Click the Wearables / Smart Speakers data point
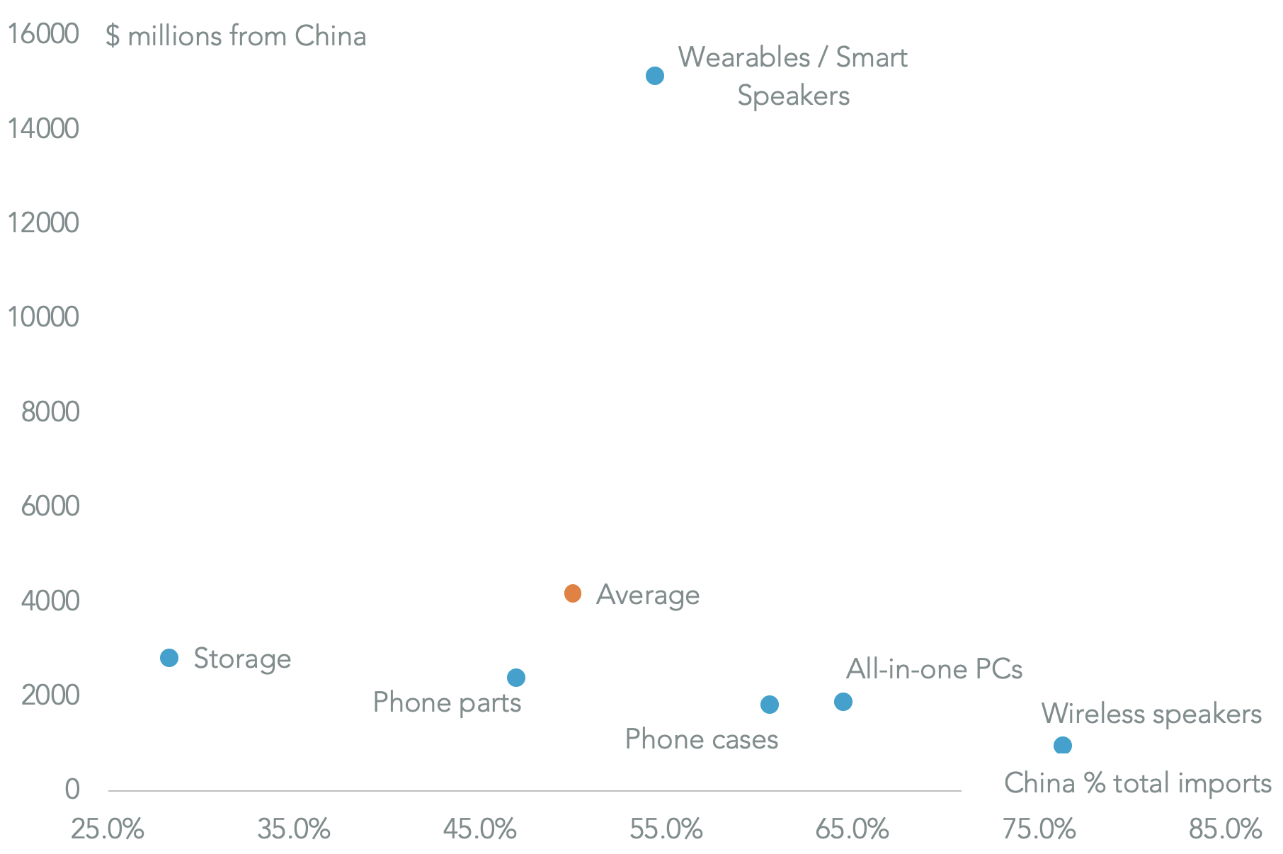tap(655, 76)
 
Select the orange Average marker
tap(573, 593)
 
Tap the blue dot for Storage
tap(169, 658)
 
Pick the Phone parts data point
tap(516, 678)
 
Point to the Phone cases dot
tap(770, 705)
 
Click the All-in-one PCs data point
tap(843, 702)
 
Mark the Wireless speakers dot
tap(1063, 745)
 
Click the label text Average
tap(648, 595)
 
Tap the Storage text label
tap(242, 659)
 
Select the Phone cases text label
tap(702, 739)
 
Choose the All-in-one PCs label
tap(934, 669)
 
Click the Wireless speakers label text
tap(1151, 714)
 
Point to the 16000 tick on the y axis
tap(42, 34)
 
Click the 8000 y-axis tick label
tap(50, 412)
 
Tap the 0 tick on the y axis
tap(72, 789)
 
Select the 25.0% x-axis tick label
tap(108, 829)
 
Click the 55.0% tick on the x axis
tap(666, 829)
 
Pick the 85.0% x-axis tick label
tap(1225, 829)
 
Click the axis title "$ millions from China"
tap(236, 36)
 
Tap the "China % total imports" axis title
tap(1137, 783)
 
